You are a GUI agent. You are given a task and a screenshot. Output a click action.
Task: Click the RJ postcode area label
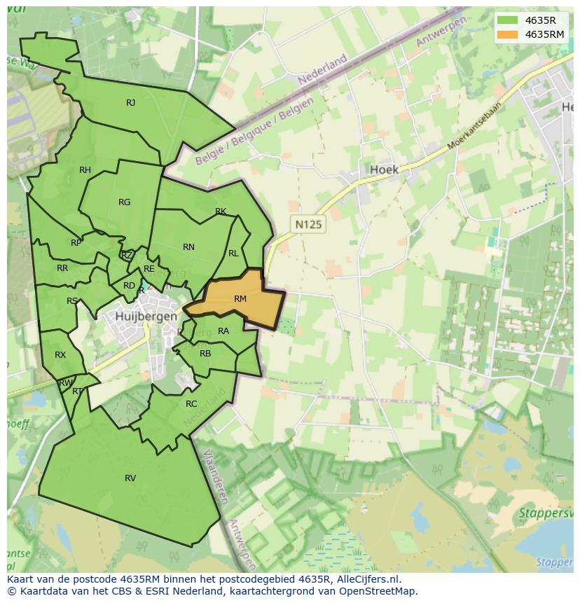click(130, 103)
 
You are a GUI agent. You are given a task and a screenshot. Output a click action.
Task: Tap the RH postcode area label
click(85, 170)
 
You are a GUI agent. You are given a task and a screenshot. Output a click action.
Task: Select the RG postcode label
click(124, 202)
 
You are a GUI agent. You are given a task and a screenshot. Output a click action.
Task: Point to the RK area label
click(221, 212)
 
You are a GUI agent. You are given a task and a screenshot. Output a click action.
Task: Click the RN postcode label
click(188, 247)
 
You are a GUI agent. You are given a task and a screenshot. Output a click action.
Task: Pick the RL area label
click(233, 254)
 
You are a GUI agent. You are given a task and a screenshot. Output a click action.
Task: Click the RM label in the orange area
click(240, 299)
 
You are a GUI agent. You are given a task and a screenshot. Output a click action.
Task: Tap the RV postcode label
click(130, 478)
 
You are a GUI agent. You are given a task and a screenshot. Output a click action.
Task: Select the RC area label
click(191, 404)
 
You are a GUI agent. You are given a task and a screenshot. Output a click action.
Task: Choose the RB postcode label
click(205, 354)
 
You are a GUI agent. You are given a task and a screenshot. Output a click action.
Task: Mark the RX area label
click(60, 355)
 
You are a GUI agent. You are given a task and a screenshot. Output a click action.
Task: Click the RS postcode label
click(72, 301)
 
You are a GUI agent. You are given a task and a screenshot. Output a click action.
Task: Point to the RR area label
click(62, 268)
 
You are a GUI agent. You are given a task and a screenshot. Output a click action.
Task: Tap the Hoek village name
click(384, 169)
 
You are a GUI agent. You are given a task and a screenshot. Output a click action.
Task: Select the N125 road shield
click(308, 225)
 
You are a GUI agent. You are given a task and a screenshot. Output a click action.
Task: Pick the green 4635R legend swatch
click(507, 20)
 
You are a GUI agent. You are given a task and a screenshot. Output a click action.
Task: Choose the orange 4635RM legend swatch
click(507, 34)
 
